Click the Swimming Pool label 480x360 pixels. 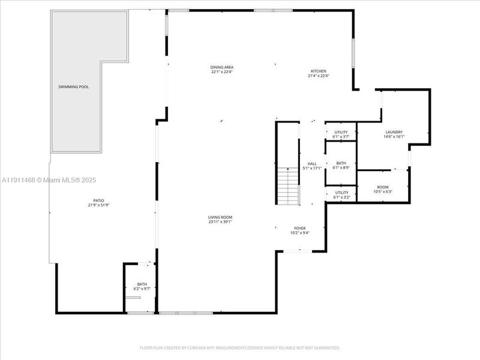pos(73,87)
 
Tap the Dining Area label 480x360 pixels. pos(221,67)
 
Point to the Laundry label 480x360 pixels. pos(394,132)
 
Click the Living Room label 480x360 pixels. pos(221,217)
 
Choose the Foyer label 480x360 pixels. pos(300,229)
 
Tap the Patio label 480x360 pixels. pos(98,200)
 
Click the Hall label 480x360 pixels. pos(312,164)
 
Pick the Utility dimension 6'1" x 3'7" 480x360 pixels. pos(341,137)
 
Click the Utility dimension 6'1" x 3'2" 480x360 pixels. pos(341,197)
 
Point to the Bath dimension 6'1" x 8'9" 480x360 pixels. pos(341,167)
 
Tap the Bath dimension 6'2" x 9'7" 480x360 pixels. pos(142,289)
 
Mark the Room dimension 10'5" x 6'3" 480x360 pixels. pos(382,192)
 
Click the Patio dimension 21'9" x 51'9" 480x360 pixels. pos(98,205)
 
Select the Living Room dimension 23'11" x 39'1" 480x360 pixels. pos(221,222)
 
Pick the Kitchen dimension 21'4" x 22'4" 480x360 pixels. pos(318,76)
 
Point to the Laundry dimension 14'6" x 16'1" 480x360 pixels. pos(394,137)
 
